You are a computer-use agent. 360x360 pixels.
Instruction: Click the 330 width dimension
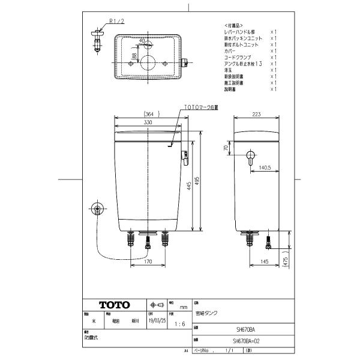pos(147,122)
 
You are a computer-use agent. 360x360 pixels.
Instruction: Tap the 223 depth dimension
pos(257,113)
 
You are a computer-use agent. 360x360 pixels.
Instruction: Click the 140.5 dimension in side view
pos(266,168)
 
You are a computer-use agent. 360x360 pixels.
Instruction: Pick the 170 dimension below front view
pos(148,262)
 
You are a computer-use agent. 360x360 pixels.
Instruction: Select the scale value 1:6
pos(179,324)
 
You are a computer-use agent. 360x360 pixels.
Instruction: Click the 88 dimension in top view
pos(136,56)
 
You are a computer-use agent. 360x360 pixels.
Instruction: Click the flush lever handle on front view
pos(185,157)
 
